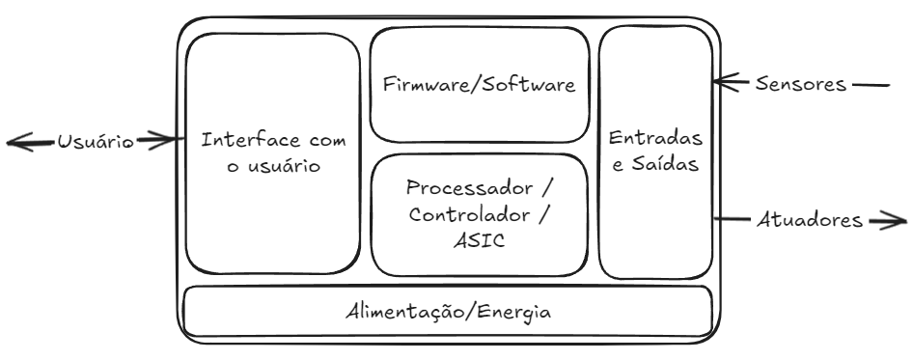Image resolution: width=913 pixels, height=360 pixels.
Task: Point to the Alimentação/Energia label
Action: pyautogui.click(x=450, y=313)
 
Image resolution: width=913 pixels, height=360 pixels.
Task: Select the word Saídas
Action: pyautogui.click(x=668, y=164)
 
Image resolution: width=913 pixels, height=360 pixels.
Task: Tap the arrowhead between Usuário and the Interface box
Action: pyautogui.click(x=178, y=141)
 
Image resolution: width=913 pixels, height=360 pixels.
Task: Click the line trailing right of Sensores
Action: pyautogui.click(x=871, y=84)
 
